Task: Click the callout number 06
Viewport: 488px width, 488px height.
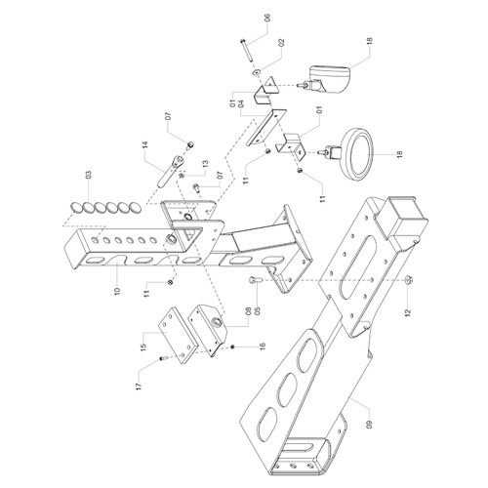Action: coord(267,18)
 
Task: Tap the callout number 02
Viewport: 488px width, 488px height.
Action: coord(281,43)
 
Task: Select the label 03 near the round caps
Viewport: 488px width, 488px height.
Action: coord(89,175)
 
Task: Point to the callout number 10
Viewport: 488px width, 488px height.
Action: coord(117,290)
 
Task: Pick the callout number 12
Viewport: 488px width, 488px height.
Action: coord(408,311)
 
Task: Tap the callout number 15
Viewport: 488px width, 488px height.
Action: coord(143,346)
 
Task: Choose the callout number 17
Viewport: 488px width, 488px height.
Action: coord(139,386)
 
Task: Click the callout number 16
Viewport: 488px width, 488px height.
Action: coord(263,346)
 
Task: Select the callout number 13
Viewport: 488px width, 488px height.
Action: coord(205,164)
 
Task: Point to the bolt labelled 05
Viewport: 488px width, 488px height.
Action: coord(253,280)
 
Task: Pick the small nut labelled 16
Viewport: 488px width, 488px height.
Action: coord(233,347)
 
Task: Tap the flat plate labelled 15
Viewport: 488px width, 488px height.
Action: coord(178,334)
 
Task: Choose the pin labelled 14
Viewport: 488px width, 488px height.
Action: coord(171,171)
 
